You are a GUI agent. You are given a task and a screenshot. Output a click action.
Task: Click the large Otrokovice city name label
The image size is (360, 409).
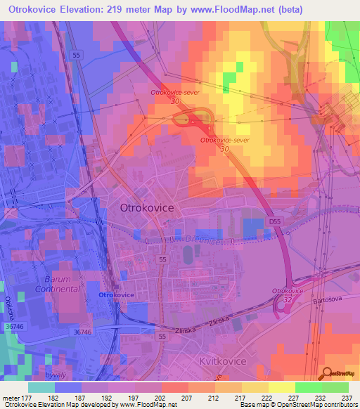coord(147,208)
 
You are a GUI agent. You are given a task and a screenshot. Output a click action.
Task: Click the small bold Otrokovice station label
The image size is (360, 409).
coord(116,295)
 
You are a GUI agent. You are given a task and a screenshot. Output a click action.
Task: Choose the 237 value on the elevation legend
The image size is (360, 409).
coord(347,398)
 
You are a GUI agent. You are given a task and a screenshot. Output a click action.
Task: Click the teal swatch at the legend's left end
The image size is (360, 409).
coord(41,387)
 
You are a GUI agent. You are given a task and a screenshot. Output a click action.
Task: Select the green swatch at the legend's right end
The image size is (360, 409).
coord(335,387)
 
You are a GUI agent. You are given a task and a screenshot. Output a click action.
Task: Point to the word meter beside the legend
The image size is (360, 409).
coord(11,398)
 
